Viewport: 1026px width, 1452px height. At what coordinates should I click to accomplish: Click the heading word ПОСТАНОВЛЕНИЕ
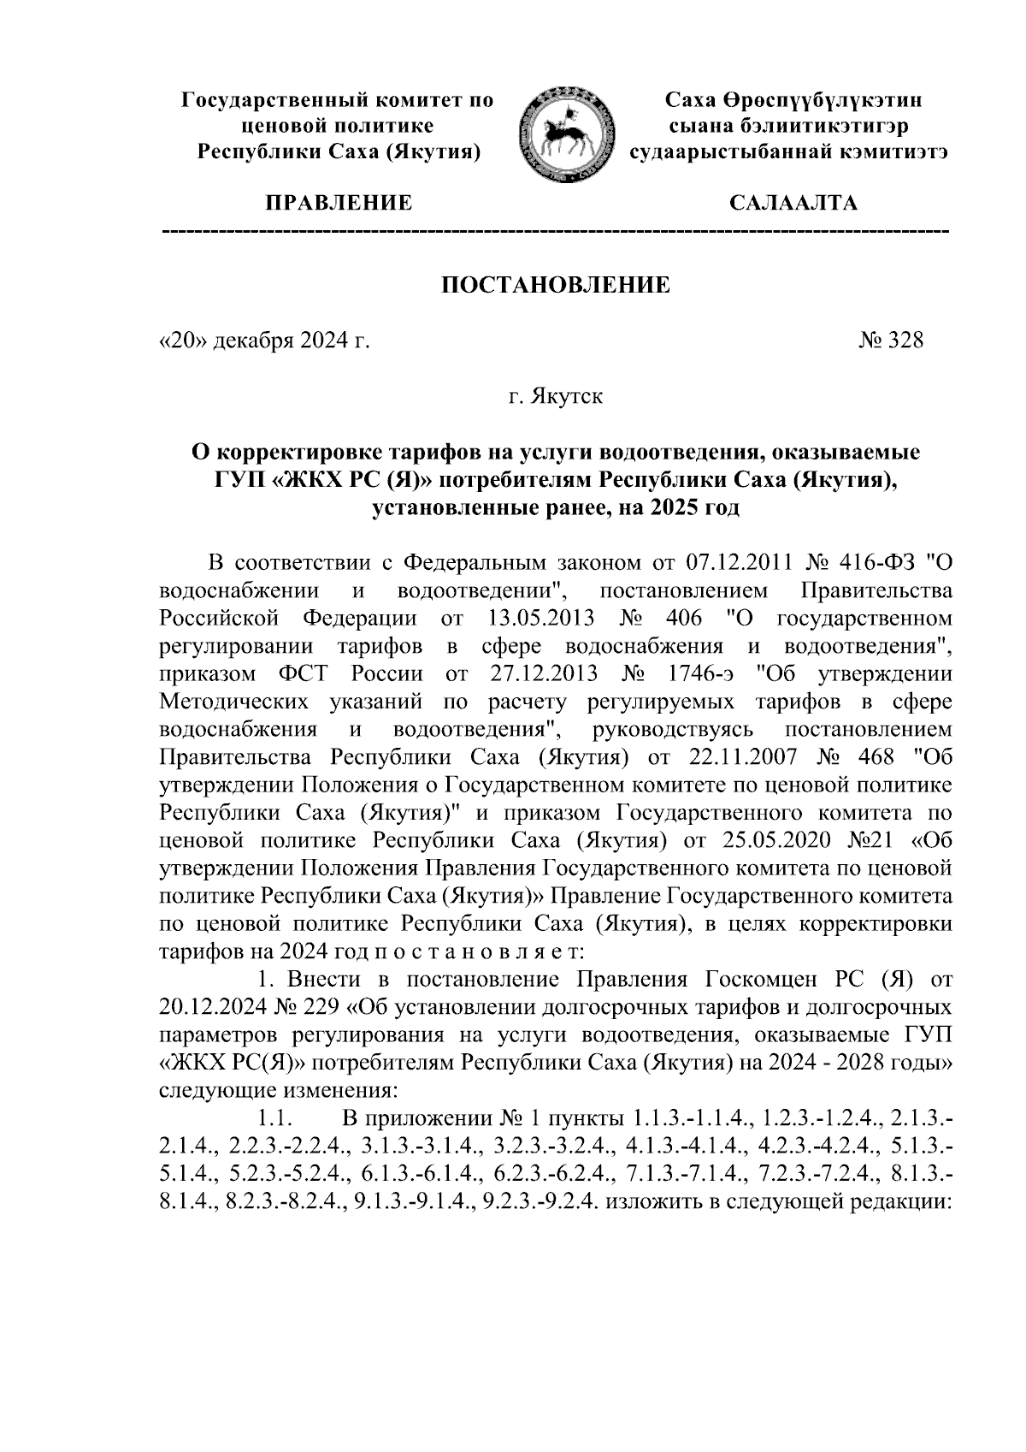point(556,286)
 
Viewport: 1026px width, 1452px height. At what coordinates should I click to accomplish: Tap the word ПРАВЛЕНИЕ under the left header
point(339,204)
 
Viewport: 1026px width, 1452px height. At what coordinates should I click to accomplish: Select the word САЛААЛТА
point(793,204)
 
